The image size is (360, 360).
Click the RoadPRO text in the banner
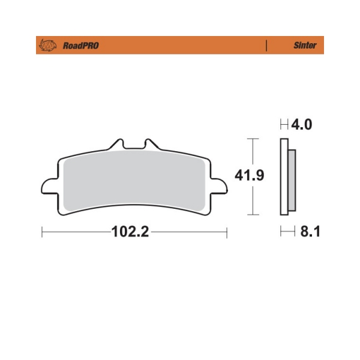tap(81, 46)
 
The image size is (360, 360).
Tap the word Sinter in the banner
tap(305, 45)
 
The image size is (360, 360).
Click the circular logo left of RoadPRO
tap(48, 45)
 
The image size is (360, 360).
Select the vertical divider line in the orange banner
tap(266, 46)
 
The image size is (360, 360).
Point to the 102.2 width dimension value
tap(130, 232)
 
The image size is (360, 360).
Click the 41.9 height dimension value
tap(250, 175)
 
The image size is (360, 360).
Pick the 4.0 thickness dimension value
tap(301, 124)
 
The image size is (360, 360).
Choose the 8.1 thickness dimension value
tap(310, 231)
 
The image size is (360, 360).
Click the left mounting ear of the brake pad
tap(49, 186)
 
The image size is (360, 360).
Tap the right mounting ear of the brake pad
tap(219, 186)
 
